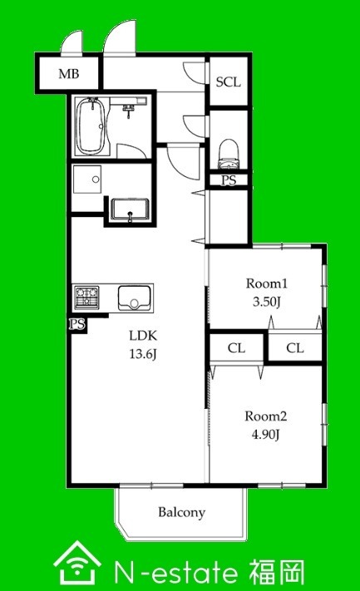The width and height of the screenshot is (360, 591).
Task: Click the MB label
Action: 69,73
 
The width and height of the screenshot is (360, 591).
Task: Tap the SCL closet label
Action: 228,81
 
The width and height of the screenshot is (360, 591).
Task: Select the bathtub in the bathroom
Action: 91,126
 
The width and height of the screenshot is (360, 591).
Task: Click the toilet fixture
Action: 229,154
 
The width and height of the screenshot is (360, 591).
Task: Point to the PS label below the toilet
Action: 229,180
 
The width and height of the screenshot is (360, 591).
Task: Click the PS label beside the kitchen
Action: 77,324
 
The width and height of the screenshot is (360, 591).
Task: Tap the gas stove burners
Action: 87,297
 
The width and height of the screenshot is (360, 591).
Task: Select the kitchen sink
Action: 134,298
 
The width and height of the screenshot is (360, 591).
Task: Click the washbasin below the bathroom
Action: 130,209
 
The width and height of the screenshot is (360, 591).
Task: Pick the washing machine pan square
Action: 87,179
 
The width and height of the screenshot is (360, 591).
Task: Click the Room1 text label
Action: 267,283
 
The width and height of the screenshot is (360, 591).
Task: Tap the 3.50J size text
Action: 266,302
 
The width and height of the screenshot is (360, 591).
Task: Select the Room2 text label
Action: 266,416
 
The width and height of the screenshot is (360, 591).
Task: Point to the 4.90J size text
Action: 266,435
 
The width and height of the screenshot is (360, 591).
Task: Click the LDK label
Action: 143,335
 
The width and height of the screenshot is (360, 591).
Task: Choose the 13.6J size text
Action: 143,353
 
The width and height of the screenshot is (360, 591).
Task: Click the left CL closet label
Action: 236,348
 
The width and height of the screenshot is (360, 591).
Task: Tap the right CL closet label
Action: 295,348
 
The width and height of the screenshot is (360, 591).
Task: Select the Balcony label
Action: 182,512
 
